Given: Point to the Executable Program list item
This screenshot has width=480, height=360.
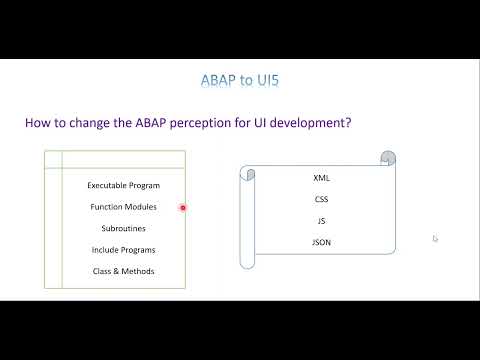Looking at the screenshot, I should click(x=123, y=186).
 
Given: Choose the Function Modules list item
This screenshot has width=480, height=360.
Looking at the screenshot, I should click(x=123, y=207).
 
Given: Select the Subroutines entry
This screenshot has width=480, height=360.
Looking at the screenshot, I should click(x=123, y=228).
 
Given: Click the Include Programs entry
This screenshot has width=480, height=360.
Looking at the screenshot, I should click(x=123, y=250).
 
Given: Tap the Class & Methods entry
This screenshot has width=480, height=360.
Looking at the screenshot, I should click(x=123, y=271).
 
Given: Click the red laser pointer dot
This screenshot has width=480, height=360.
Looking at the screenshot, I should click(x=183, y=208).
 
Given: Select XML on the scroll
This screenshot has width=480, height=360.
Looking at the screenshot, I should click(x=321, y=177).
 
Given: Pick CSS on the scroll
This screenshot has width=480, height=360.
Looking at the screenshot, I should click(x=321, y=199).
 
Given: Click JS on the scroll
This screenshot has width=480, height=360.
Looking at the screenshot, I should click(x=321, y=220).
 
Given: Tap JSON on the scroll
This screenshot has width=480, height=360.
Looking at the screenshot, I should click(x=321, y=242).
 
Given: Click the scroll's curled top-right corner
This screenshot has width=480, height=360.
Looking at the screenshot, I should click(x=388, y=159).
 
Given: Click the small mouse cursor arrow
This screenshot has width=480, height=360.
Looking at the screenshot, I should click(x=435, y=238).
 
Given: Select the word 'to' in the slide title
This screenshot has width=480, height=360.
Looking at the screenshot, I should click(x=243, y=79).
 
